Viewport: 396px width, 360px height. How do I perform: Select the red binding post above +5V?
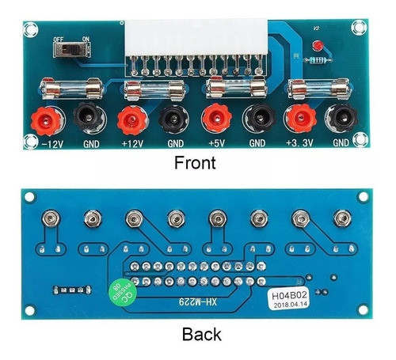(213, 119)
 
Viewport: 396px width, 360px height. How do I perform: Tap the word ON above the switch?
(84, 36)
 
